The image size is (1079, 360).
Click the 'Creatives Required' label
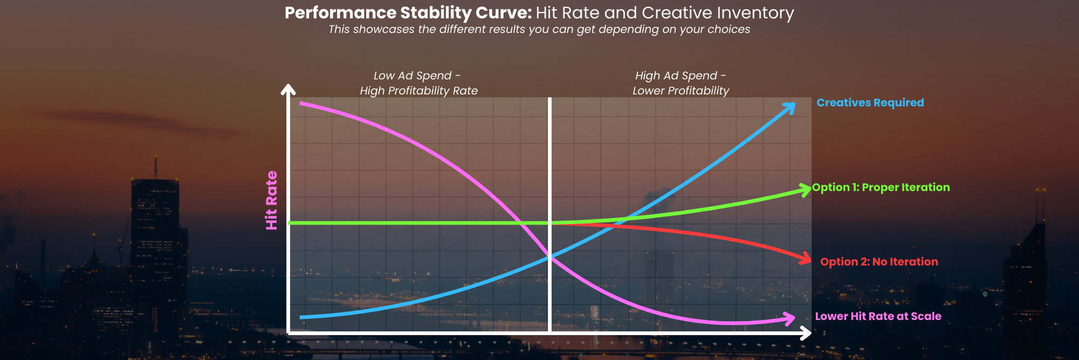[870, 103]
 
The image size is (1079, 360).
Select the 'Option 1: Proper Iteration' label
[880, 187]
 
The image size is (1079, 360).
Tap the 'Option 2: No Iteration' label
[879, 262]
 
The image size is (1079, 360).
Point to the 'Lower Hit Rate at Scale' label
[878, 316]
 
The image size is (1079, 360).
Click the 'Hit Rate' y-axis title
[271, 200]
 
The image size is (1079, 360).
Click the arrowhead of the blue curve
[790, 107]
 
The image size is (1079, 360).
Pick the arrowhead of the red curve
[806, 259]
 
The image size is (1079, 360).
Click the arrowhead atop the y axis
[289, 89]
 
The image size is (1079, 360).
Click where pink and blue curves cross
[549, 257]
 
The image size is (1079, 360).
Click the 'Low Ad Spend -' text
[416, 76]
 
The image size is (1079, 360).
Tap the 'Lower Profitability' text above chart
[680, 91]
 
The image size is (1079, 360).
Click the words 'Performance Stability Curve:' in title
[408, 13]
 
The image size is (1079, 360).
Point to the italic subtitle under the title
[539, 29]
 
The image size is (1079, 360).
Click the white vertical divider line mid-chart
[550, 162]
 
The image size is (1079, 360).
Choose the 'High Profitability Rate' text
[419, 91]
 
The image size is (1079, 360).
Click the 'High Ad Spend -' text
[680, 76]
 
